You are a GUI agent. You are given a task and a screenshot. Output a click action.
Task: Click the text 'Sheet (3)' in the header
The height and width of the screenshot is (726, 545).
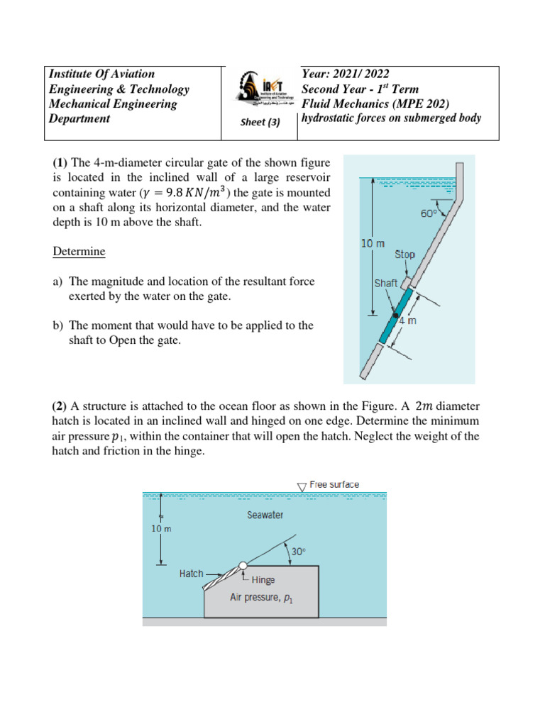260,122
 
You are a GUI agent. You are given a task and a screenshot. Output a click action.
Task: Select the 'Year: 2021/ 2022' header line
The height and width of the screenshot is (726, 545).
346,74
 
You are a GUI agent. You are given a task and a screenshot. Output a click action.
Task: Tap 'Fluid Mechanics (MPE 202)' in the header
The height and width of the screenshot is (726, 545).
375,104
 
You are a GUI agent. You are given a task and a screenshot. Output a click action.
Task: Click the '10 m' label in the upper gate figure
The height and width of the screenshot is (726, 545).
373,243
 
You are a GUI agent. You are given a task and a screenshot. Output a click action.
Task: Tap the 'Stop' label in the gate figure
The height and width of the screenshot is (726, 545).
404,255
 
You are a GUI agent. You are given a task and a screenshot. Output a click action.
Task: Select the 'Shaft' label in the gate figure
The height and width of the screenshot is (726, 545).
386,283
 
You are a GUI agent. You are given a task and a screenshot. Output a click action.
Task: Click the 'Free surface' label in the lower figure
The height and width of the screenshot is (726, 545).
334,485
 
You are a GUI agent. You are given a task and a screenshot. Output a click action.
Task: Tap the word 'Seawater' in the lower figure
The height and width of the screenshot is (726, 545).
265,515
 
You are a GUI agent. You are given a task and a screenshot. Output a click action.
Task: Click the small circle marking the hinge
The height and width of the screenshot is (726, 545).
243,565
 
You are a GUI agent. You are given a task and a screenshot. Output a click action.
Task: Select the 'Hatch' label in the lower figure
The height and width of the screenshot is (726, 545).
192,574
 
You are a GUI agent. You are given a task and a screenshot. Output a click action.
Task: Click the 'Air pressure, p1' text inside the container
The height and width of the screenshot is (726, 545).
262,598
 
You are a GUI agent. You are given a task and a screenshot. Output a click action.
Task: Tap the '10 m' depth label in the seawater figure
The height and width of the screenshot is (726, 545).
162,529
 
